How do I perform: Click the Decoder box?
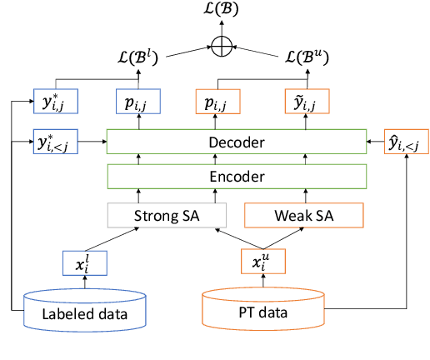[237, 142]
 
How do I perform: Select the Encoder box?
[237, 177]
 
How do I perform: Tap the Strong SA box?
[167, 216]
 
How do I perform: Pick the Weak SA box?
[305, 216]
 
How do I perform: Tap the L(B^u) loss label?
[305, 57]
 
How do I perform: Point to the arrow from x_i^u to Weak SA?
[283, 238]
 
